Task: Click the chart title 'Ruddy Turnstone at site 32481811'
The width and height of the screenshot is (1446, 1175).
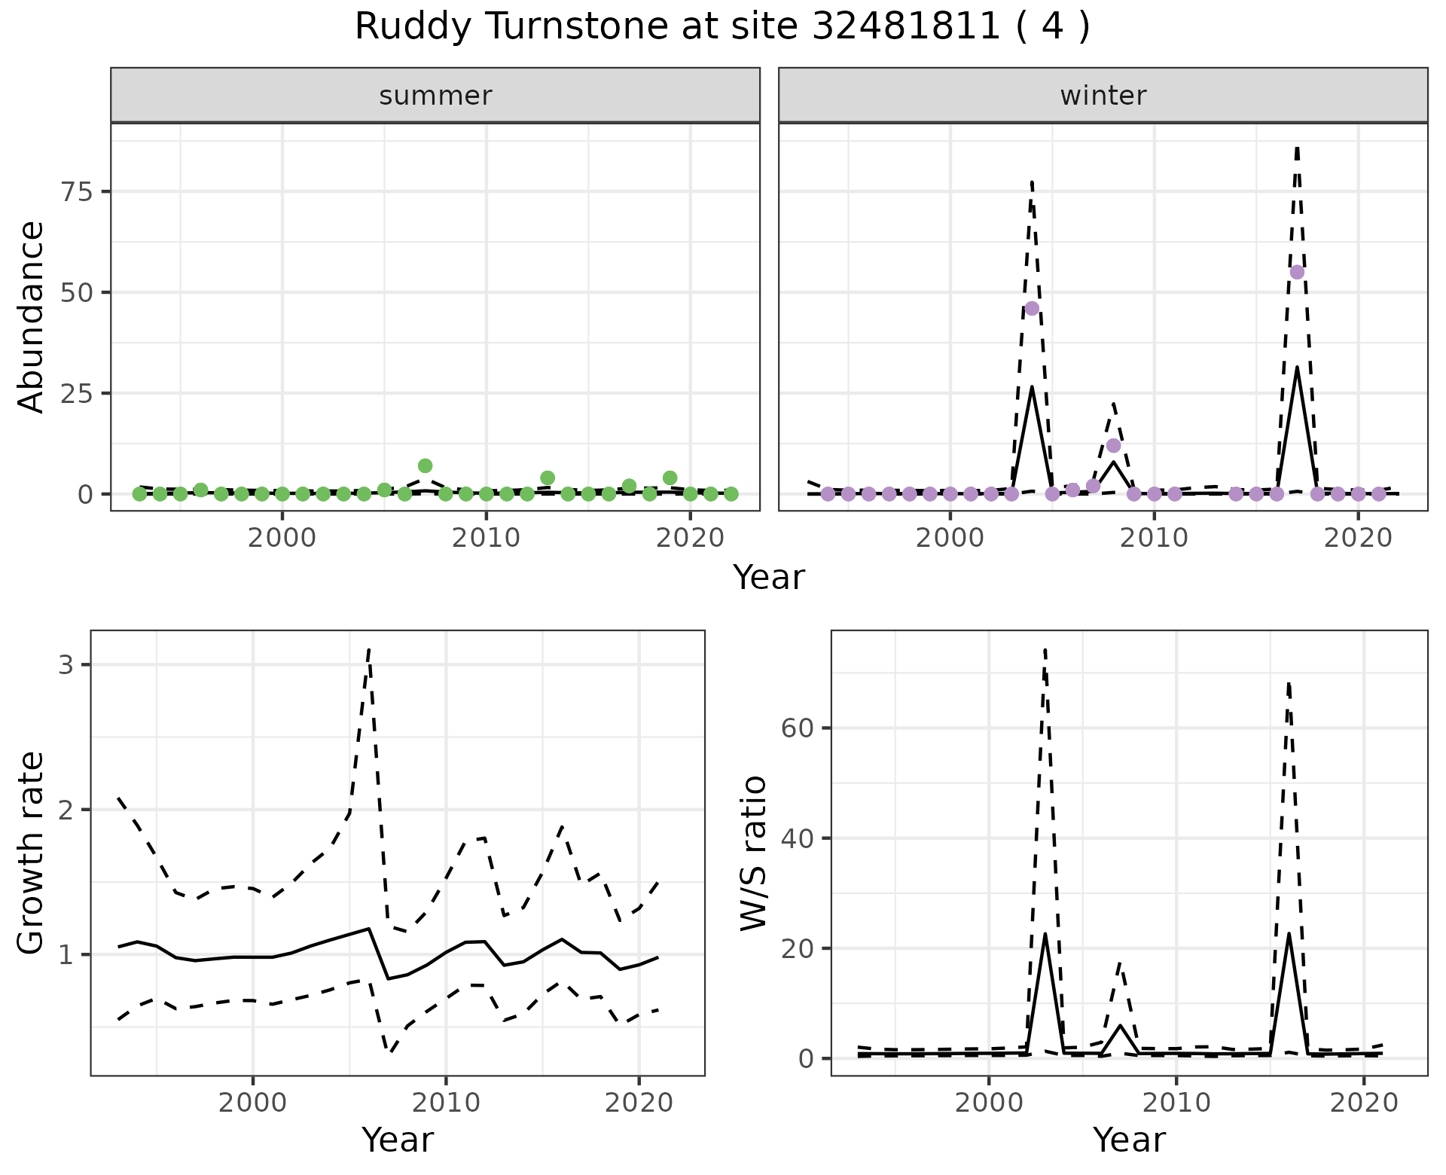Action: click(x=721, y=27)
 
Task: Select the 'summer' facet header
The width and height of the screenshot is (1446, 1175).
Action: click(x=435, y=96)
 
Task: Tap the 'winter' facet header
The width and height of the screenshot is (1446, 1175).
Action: click(x=1103, y=96)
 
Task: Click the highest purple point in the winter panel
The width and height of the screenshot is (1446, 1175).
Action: click(x=1297, y=272)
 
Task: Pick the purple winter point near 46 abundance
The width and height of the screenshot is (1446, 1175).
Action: click(x=1032, y=308)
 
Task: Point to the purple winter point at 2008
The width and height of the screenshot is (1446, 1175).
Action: click(x=1113, y=446)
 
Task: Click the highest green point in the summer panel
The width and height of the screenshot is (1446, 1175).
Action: click(x=425, y=465)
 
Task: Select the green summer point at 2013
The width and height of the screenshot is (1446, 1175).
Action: click(x=548, y=478)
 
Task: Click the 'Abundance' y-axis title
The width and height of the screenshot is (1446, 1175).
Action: click(x=32, y=316)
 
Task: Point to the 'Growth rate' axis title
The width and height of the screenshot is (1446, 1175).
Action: click(x=32, y=853)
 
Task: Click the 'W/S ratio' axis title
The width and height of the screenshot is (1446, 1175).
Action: click(x=753, y=853)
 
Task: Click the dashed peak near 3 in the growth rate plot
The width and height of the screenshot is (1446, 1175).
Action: click(x=368, y=649)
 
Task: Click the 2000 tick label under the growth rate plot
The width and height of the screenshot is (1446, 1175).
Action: click(x=253, y=1103)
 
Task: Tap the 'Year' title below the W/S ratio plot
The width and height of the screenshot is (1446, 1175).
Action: click(x=1129, y=1140)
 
